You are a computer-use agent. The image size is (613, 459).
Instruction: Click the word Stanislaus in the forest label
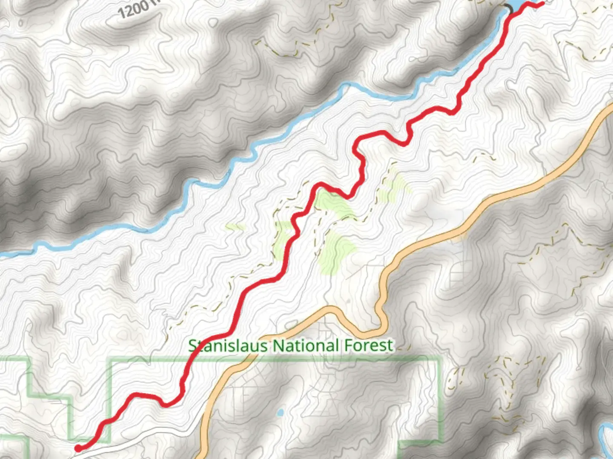(x=228, y=346)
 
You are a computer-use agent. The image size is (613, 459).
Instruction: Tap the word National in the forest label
(x=306, y=346)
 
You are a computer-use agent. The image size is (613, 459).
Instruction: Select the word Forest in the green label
(x=369, y=345)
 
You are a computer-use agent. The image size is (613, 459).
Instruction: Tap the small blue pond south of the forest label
(x=280, y=412)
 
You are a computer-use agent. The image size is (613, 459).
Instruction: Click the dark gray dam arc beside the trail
(x=508, y=7)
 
